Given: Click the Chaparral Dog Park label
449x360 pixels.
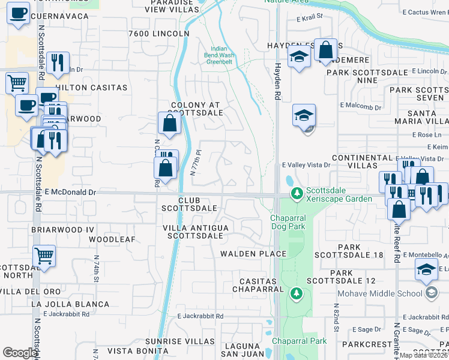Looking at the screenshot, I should pos(288,221).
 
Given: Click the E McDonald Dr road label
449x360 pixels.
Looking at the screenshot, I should pos(70,192).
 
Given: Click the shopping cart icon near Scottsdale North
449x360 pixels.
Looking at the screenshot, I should pos(44,256).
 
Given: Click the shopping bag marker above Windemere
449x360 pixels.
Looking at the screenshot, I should pos(326,51).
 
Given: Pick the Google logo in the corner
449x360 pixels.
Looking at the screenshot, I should pos(20,353).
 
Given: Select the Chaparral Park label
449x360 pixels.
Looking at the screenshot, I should pos(299,341).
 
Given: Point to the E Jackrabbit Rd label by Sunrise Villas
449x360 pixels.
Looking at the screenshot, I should pos(200,316).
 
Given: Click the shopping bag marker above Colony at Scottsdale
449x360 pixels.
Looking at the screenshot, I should pos(170,123).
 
